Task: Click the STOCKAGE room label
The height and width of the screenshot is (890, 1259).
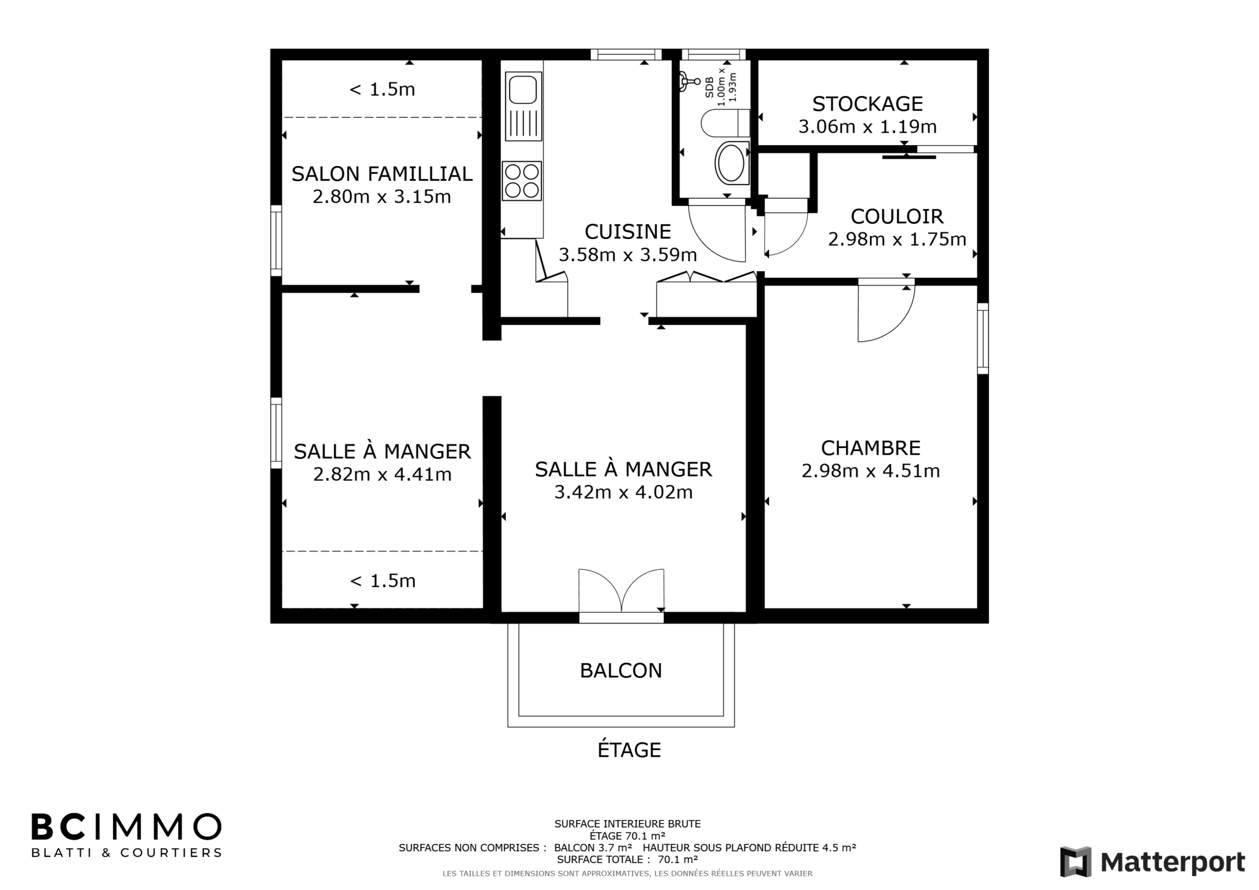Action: click(x=867, y=104)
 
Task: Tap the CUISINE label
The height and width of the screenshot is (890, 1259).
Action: click(x=628, y=232)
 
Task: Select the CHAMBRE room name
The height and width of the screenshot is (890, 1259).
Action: click(x=870, y=447)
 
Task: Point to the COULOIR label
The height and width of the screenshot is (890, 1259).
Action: click(x=897, y=216)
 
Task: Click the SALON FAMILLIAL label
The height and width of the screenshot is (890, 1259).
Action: click(x=382, y=174)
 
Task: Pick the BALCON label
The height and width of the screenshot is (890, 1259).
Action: click(x=621, y=671)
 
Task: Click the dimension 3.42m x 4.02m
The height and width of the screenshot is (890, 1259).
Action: click(x=623, y=492)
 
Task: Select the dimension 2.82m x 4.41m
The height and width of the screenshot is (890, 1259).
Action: click(x=382, y=475)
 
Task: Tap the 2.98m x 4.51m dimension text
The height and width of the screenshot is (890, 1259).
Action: click(x=870, y=471)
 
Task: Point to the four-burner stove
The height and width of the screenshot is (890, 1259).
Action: click(x=522, y=181)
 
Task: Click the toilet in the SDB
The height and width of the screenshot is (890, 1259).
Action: click(x=725, y=123)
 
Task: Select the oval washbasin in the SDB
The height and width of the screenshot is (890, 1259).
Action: click(x=732, y=162)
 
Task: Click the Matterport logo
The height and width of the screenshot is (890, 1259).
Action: click(x=1153, y=862)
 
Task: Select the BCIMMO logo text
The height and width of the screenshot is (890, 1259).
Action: click(x=127, y=827)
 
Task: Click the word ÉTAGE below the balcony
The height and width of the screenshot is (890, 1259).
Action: click(x=629, y=750)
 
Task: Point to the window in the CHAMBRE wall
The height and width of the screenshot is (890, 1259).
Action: click(x=983, y=338)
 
